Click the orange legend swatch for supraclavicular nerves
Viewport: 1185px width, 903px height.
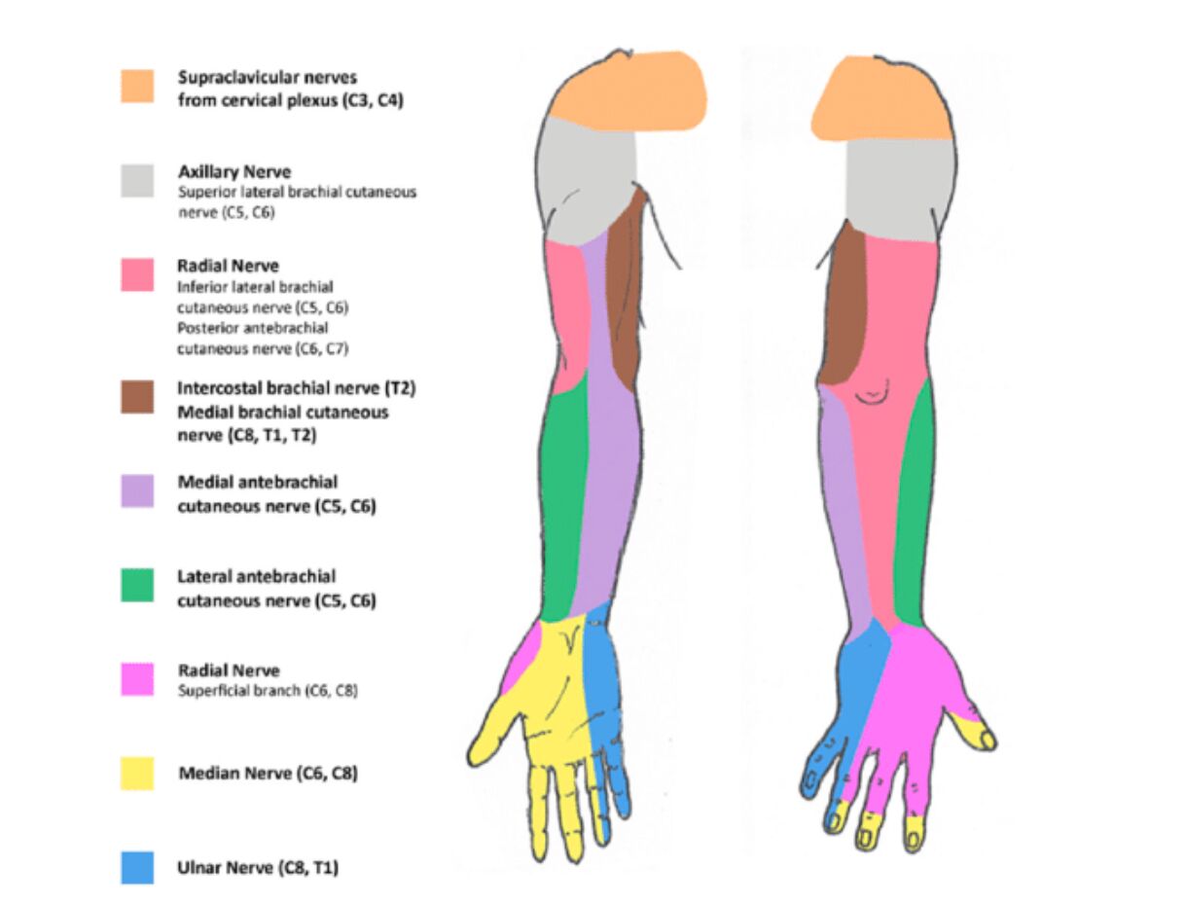point(137,86)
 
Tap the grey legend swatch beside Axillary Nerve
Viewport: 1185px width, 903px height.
point(137,180)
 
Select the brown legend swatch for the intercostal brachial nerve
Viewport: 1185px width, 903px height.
point(137,397)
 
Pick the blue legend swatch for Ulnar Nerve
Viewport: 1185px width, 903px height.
point(137,868)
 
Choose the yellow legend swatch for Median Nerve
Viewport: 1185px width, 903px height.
point(137,774)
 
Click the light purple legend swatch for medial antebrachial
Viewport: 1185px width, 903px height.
point(137,491)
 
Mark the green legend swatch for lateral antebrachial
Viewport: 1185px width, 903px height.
point(137,586)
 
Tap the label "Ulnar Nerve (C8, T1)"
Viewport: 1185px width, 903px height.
point(258,868)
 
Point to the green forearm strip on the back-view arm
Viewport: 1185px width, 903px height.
point(914,506)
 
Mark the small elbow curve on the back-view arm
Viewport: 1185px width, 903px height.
point(870,394)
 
